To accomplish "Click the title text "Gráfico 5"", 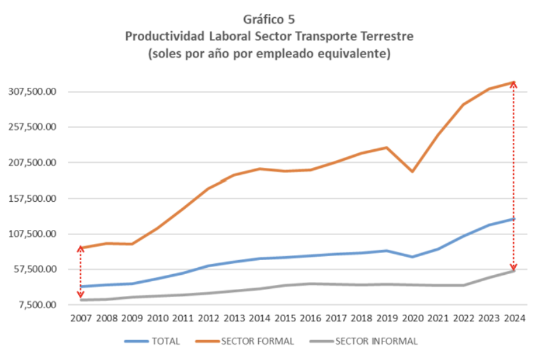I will (x=268, y=19).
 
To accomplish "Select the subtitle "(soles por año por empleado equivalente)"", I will (x=268, y=53).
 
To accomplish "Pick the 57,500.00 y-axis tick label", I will (x=36, y=269).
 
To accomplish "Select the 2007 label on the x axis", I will (x=81, y=318).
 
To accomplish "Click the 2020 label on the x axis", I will (x=413, y=318).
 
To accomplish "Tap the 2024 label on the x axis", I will (x=515, y=318).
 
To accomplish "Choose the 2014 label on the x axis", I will (x=260, y=318).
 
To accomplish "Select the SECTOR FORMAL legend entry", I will (x=257, y=341).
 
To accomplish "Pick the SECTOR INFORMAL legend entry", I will (x=376, y=341).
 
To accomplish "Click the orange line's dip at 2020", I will (x=413, y=172).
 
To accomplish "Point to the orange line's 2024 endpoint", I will (x=514, y=82).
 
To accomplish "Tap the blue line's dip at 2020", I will (x=413, y=257).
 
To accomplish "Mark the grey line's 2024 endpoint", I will (x=514, y=271).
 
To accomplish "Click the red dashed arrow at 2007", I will (x=80, y=272).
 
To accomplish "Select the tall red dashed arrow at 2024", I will (x=513, y=176).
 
